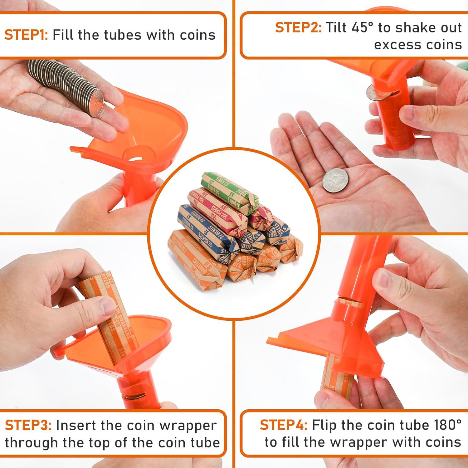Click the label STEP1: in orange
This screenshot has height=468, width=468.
click(x=26, y=35)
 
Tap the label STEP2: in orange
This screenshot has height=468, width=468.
click(x=298, y=27)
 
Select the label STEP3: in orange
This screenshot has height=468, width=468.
click(x=28, y=426)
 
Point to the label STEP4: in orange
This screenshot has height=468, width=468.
click(x=283, y=425)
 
